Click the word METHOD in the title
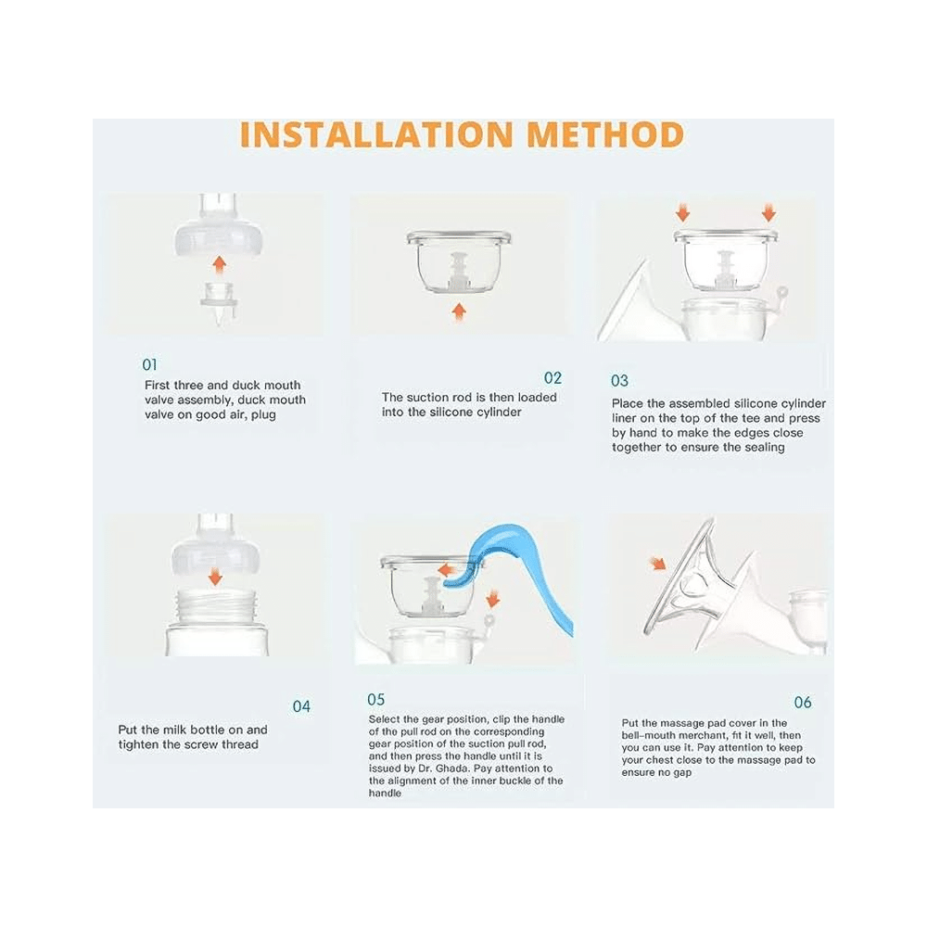[x=605, y=135]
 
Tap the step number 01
[x=150, y=364]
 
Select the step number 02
[x=552, y=378]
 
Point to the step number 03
[x=619, y=380]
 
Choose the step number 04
[x=301, y=706]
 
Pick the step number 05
[x=375, y=700]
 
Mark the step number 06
[x=803, y=703]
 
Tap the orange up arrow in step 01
[x=218, y=265]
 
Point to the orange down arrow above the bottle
[x=215, y=576]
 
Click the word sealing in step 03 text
[x=766, y=447]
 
